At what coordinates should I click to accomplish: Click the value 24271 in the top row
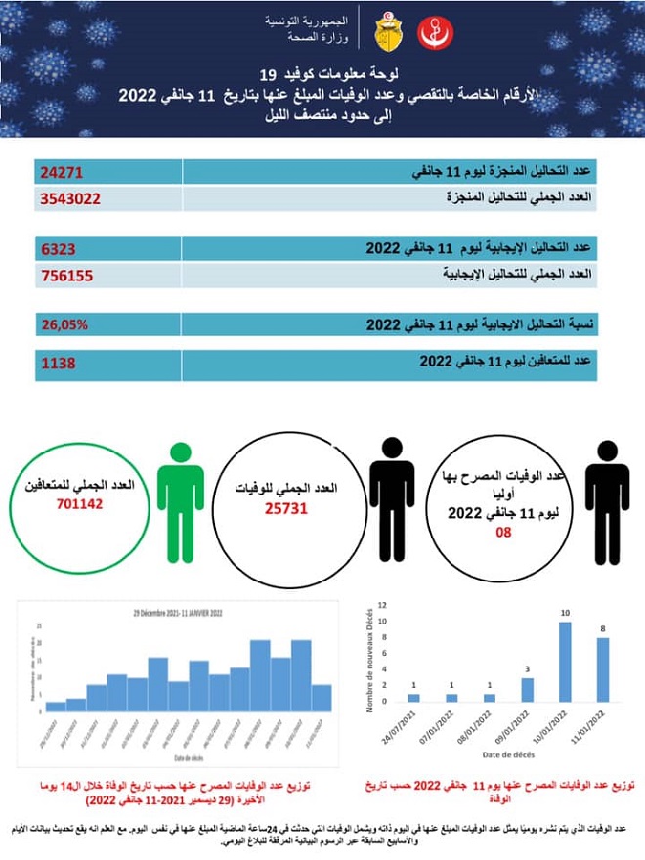coord(64,172)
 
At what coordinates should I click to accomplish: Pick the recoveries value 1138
coord(60,363)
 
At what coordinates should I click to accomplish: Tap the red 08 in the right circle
coord(504,534)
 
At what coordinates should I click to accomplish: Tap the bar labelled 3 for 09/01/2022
coord(527,689)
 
